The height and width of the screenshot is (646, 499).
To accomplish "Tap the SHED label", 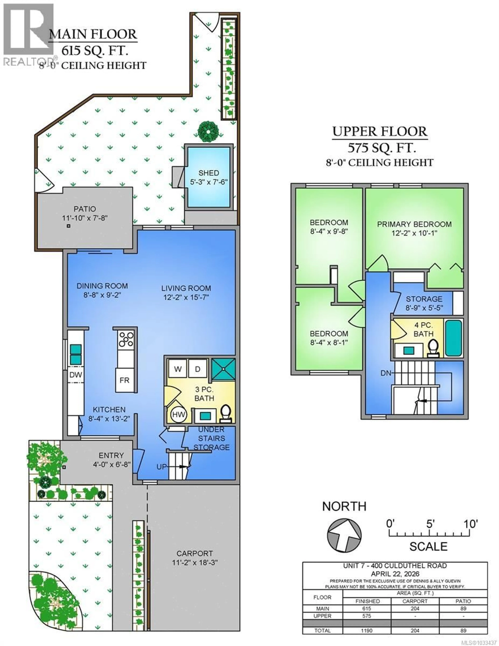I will pyautogui.click(x=209, y=173).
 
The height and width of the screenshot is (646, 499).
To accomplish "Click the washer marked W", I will pyautogui.click(x=178, y=369).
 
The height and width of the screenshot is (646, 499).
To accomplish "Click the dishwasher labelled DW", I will pyautogui.click(x=75, y=375).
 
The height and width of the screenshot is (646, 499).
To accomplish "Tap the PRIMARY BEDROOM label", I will pyautogui.click(x=414, y=224).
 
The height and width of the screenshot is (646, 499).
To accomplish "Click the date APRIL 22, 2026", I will pyautogui.click(x=395, y=574).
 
